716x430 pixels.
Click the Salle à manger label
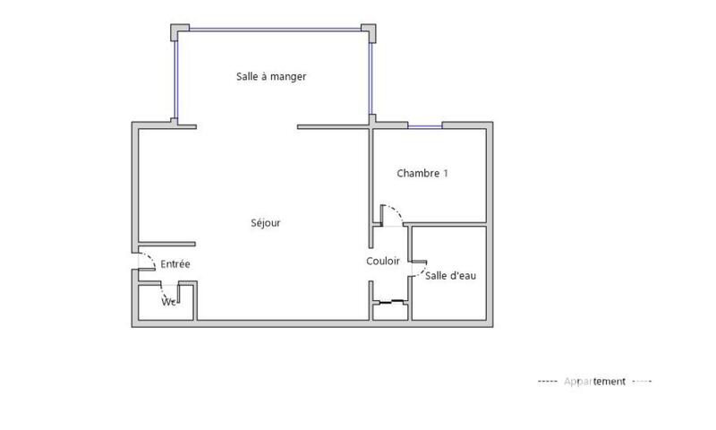[271, 77]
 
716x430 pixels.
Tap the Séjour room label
[267, 223]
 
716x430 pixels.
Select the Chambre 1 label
[422, 173]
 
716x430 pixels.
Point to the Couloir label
[383, 261]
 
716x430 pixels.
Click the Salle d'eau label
[450, 276]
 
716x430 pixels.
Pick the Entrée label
[175, 263]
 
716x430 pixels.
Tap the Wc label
[167, 302]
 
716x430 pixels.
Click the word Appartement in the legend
[594, 382]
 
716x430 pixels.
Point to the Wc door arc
[166, 290]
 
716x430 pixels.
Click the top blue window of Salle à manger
[274, 26]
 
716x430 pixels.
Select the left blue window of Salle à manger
[175, 77]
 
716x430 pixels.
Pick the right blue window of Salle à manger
[370, 77]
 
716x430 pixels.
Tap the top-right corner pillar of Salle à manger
[370, 30]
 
